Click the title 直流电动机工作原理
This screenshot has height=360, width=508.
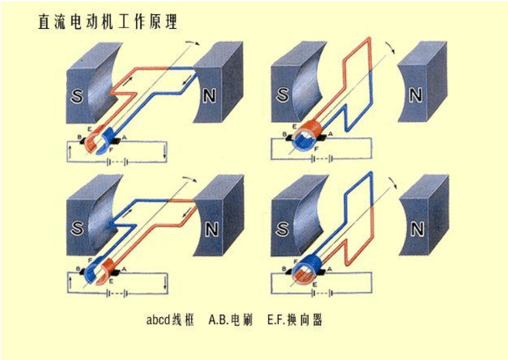(x=108, y=22)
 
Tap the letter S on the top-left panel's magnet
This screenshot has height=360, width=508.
(x=76, y=95)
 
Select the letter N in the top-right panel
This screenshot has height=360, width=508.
(x=416, y=95)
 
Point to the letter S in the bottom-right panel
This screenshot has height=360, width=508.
(x=282, y=229)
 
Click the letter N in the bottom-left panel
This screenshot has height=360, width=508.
(x=212, y=229)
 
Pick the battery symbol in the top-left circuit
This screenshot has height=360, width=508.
(x=117, y=161)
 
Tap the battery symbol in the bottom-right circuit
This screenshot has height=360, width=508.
(x=322, y=293)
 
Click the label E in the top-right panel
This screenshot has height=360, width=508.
(x=294, y=127)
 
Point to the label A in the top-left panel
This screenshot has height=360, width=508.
(x=124, y=138)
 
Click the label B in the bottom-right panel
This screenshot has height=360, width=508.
(x=284, y=269)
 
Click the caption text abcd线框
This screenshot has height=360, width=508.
(x=170, y=320)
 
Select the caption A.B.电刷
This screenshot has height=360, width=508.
(x=230, y=320)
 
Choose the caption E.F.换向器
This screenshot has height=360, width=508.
(x=295, y=320)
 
